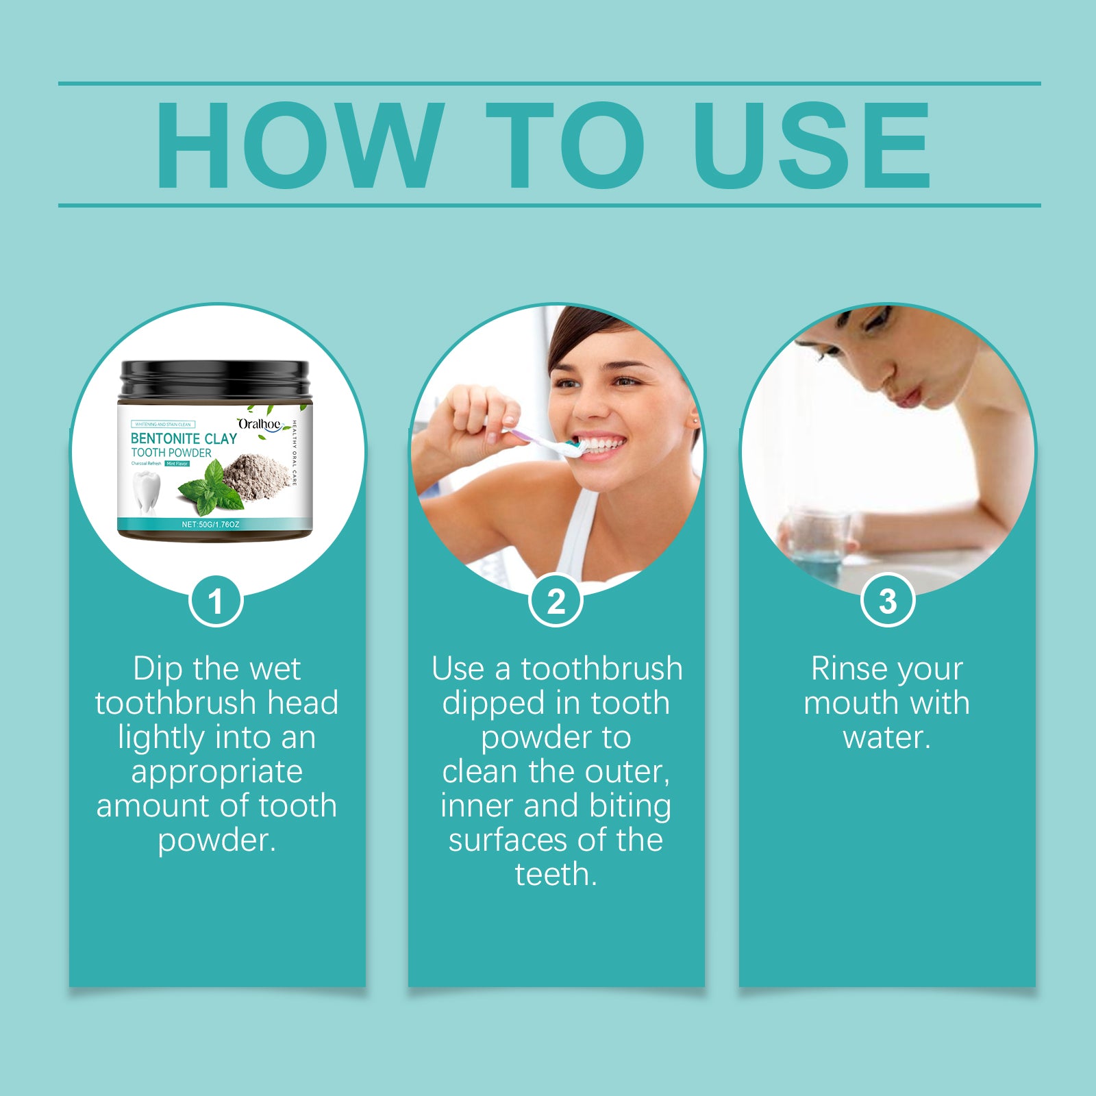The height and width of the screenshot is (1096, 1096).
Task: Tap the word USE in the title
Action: pyautogui.click(x=811, y=145)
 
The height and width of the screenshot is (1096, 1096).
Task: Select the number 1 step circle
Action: pyautogui.click(x=216, y=601)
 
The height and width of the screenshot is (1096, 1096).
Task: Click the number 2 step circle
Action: pyautogui.click(x=556, y=601)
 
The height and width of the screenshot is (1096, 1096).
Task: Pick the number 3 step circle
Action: pyautogui.click(x=887, y=601)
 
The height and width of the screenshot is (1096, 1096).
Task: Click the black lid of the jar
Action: pyautogui.click(x=214, y=379)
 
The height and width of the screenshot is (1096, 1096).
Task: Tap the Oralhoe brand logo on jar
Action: pyautogui.click(x=260, y=425)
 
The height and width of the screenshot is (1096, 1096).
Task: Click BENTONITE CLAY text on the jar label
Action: pyautogui.click(x=184, y=438)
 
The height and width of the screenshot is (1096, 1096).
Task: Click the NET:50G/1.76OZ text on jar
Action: pyautogui.click(x=210, y=524)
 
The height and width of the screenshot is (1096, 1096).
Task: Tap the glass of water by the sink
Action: pyautogui.click(x=817, y=541)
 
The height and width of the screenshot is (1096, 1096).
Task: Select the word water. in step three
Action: pyautogui.click(x=887, y=737)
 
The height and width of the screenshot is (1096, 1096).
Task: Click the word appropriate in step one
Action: pyautogui.click(x=216, y=772)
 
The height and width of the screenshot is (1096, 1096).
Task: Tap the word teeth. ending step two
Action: pyautogui.click(x=556, y=875)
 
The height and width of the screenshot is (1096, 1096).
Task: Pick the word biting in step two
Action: pyautogui.click(x=630, y=806)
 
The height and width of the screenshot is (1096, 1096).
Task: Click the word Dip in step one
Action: pyautogui.click(x=158, y=669)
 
